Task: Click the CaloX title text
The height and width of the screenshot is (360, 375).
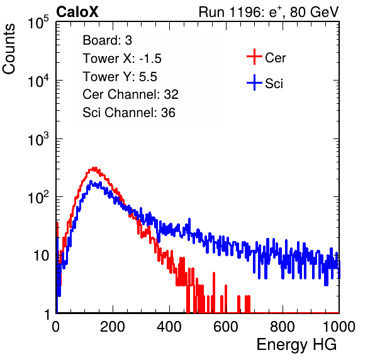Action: [77, 12]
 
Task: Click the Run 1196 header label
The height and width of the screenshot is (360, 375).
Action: [269, 12]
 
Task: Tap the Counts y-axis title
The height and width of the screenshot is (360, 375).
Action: [9, 49]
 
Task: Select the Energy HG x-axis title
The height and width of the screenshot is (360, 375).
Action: [296, 345]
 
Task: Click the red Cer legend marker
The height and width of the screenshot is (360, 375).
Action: [254, 57]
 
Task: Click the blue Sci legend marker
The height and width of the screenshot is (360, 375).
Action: [254, 82]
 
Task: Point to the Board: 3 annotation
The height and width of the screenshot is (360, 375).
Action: [107, 40]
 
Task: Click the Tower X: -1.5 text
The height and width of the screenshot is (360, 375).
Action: [122, 59]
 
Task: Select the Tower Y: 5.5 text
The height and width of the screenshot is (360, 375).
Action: [120, 77]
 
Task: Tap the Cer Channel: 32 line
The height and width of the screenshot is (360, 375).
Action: [131, 94]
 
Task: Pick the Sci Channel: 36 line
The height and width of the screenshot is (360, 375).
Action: [129, 113]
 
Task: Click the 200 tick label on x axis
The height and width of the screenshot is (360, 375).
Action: [113, 327]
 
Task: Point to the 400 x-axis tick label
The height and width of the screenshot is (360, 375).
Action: [169, 327]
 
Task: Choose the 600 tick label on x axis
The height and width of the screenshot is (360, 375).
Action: [226, 327]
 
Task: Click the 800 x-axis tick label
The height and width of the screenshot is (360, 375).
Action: [283, 327]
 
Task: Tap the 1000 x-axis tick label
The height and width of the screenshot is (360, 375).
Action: [339, 327]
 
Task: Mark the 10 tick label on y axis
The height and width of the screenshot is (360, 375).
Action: [42, 256]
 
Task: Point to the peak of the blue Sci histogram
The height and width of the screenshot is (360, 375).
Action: [91, 181]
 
